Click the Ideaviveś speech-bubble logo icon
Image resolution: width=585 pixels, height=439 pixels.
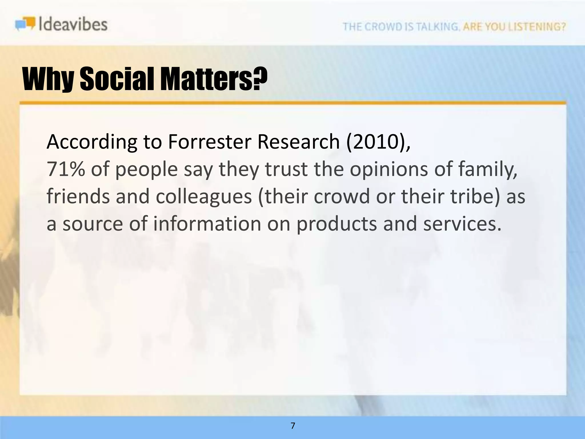tap(25, 24)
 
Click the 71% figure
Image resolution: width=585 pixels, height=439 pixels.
tap(66, 169)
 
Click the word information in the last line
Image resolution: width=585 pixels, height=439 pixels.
tap(207, 224)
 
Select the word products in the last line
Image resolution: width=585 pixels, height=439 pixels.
tap(336, 224)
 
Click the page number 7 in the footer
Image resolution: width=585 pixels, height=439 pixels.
tap(293, 426)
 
